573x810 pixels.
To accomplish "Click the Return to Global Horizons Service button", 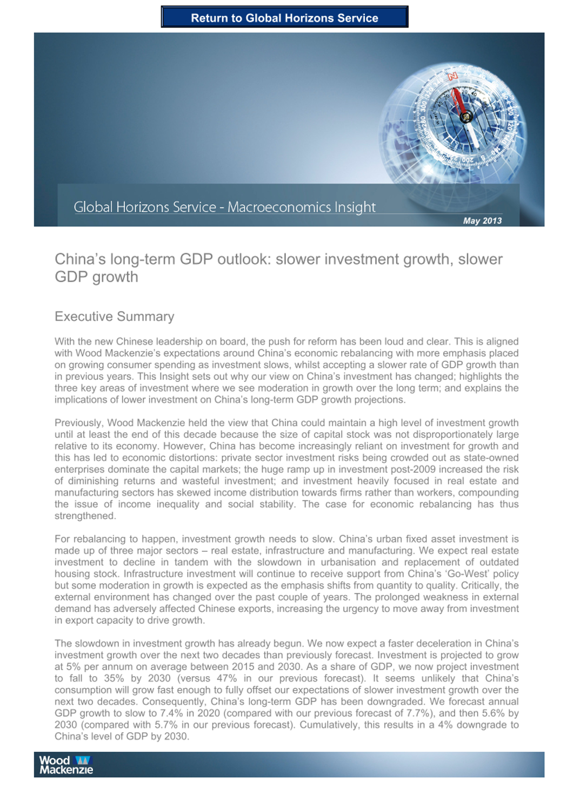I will tap(284, 17).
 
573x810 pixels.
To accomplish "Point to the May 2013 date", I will tap(482, 220).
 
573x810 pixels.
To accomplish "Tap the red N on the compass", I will tap(452, 76).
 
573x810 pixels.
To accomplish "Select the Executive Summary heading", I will tap(114, 316).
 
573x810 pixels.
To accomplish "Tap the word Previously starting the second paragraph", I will tap(78, 423).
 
